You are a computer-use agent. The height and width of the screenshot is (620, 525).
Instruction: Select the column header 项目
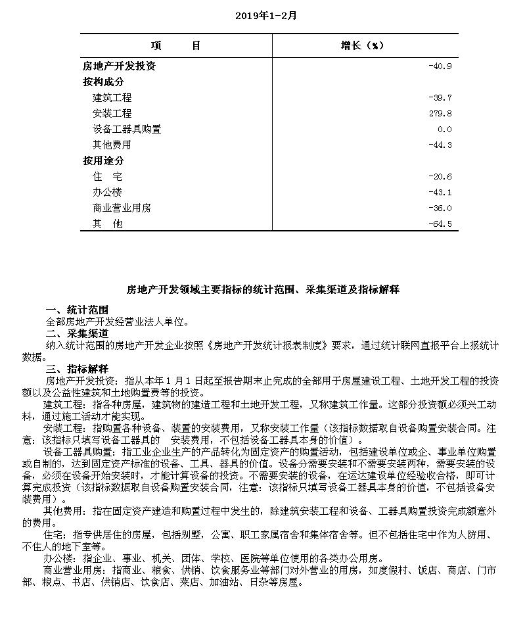click(175, 45)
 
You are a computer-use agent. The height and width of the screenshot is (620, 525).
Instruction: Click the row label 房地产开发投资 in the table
click(119, 66)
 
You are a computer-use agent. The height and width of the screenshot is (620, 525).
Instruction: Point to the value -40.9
click(440, 66)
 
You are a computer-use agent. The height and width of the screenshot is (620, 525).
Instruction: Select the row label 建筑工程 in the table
click(112, 98)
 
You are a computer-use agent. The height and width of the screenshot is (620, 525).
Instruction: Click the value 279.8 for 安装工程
click(440, 114)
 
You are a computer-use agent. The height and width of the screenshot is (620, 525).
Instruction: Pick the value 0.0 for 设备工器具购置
click(444, 130)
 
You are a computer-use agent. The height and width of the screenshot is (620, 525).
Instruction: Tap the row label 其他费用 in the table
click(112, 145)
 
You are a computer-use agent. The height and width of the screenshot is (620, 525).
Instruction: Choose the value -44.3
click(440, 145)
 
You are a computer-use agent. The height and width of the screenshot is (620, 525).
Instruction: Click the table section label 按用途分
click(103, 161)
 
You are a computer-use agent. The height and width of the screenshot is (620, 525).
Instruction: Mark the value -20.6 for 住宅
click(440, 177)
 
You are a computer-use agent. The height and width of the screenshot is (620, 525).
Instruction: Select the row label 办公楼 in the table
click(108, 193)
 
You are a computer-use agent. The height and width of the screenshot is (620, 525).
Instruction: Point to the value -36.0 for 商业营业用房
click(440, 208)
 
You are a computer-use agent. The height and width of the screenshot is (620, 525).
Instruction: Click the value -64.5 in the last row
click(440, 224)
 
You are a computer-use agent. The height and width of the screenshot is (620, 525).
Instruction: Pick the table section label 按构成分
click(103, 82)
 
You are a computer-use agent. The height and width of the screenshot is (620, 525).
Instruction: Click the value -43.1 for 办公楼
click(440, 193)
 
